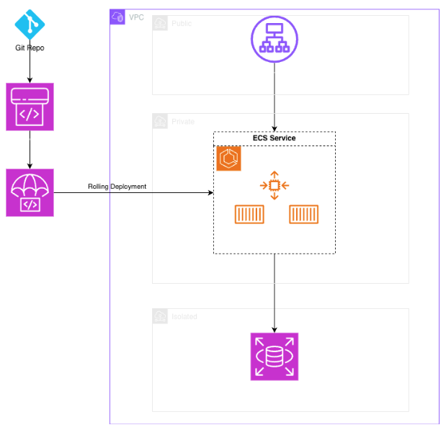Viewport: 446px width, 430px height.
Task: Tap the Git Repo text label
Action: click(x=30, y=48)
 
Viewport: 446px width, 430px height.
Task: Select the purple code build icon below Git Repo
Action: click(x=30, y=107)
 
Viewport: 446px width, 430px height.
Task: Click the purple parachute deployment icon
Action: click(x=30, y=192)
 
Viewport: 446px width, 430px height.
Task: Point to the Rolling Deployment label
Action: click(x=117, y=187)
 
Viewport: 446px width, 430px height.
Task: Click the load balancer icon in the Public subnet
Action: click(x=274, y=37)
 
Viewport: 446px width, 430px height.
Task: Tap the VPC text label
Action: click(x=135, y=17)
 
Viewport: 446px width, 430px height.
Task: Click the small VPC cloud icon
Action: click(x=117, y=17)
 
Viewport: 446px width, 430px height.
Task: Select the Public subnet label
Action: click(x=182, y=24)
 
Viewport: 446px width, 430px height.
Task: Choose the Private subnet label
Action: click(x=183, y=122)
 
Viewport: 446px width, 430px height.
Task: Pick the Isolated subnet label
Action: click(x=184, y=317)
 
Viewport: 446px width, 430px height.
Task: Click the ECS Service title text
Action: click(x=274, y=138)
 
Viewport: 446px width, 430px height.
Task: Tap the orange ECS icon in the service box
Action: click(x=229, y=159)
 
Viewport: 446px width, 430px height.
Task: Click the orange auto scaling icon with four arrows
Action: click(x=275, y=186)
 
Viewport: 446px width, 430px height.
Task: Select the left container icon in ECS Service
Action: click(x=249, y=214)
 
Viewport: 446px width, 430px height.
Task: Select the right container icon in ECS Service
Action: click(x=304, y=214)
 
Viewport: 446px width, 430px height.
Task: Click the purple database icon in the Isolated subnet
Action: click(x=274, y=357)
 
